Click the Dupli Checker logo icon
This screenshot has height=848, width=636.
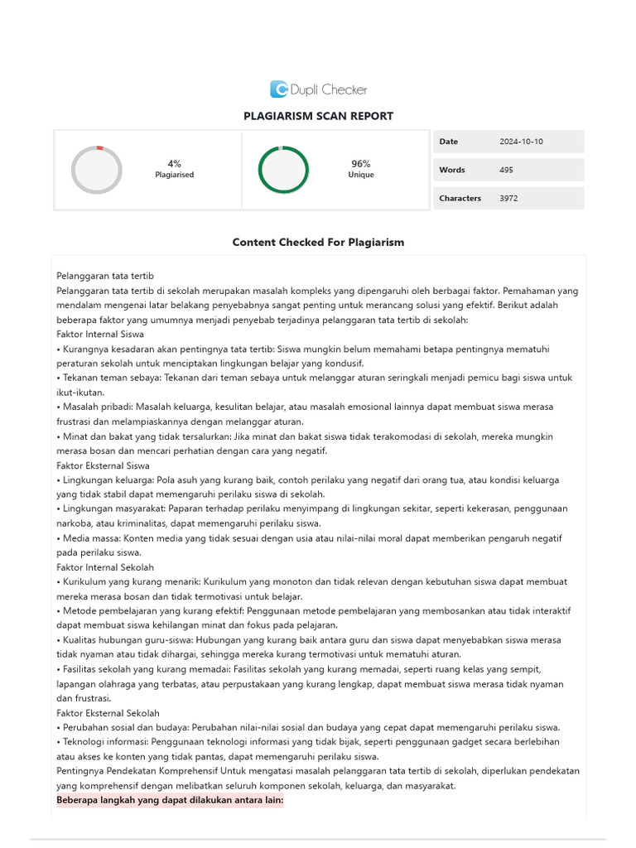click(x=279, y=89)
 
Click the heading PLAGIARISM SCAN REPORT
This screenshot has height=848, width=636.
click(x=318, y=116)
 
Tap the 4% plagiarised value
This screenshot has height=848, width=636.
click(x=174, y=164)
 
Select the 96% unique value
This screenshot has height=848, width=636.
click(x=360, y=164)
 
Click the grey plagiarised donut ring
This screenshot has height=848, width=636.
click(x=96, y=170)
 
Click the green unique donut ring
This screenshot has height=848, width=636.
click(x=283, y=170)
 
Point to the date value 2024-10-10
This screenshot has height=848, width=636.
click(x=521, y=142)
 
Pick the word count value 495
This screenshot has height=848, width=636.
click(x=506, y=170)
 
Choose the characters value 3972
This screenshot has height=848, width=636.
click(x=508, y=198)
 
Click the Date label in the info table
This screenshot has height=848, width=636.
click(x=448, y=142)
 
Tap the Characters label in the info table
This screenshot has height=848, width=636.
click(x=460, y=198)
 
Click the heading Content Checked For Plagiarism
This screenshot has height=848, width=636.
click(x=318, y=243)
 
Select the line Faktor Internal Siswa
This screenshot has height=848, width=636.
click(x=100, y=335)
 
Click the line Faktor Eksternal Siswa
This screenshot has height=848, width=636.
click(x=103, y=465)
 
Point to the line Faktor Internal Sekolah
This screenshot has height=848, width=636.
click(x=105, y=567)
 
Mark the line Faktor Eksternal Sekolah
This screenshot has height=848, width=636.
click(x=108, y=713)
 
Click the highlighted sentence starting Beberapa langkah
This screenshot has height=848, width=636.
click(x=170, y=801)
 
